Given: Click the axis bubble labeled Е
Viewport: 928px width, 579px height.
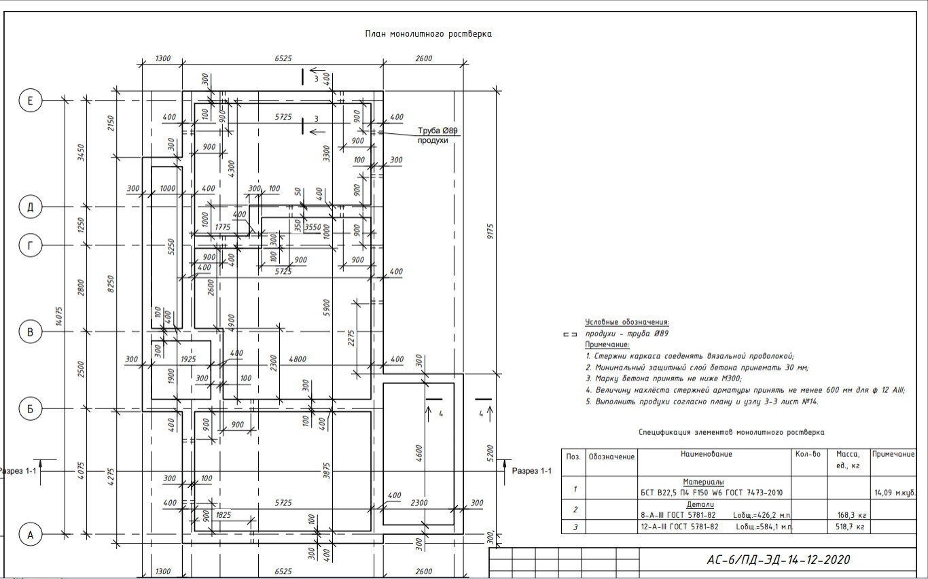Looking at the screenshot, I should pyautogui.click(x=30, y=101).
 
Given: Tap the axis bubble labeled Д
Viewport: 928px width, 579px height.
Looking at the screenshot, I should pyautogui.click(x=30, y=206).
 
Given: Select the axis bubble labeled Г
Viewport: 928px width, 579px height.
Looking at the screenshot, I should pyautogui.click(x=30, y=245).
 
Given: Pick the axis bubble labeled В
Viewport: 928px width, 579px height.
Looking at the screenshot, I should pyautogui.click(x=30, y=332).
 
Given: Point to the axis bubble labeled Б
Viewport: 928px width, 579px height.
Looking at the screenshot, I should pyautogui.click(x=30, y=408).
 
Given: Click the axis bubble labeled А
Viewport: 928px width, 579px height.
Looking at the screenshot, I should pyautogui.click(x=30, y=534).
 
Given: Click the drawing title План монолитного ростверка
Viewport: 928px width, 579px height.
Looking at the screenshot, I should pyautogui.click(x=427, y=34).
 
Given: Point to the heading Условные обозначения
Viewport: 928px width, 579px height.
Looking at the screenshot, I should pyautogui.click(x=627, y=322).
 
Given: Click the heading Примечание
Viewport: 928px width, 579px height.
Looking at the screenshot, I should pyautogui.click(x=607, y=345).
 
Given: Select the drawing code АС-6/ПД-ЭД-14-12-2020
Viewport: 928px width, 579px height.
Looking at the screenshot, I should pyautogui.click(x=778, y=560).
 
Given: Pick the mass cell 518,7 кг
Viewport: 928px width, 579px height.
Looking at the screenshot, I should pyautogui.click(x=850, y=526).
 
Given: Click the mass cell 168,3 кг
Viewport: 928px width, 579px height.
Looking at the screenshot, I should pyautogui.click(x=850, y=514).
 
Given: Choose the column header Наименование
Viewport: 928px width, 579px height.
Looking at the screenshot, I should pyautogui.click(x=707, y=454).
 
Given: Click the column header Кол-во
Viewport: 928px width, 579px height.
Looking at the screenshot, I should pyautogui.click(x=808, y=454).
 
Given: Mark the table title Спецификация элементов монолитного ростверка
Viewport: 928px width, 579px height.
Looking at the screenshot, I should pyautogui.click(x=731, y=432).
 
